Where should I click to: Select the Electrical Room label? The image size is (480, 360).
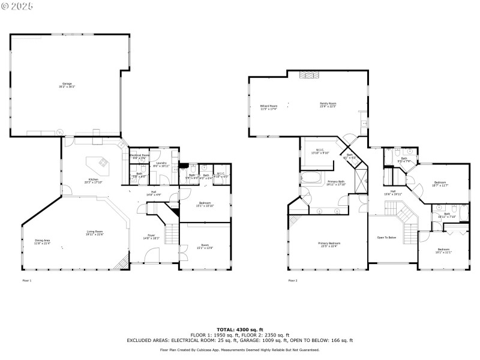139,156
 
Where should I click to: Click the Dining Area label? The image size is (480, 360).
42,241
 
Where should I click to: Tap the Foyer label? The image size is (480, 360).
151,237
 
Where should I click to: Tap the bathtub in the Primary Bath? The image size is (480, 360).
313,178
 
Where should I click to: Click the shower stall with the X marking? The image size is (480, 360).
362,178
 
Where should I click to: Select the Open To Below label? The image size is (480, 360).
386,238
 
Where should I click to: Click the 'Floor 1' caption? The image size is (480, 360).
26,280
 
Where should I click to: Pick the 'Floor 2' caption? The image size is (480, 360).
293,280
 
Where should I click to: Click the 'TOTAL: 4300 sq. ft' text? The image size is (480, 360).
239,329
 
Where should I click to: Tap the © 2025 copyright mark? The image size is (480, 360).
18,6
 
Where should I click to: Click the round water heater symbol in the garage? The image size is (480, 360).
60,131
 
